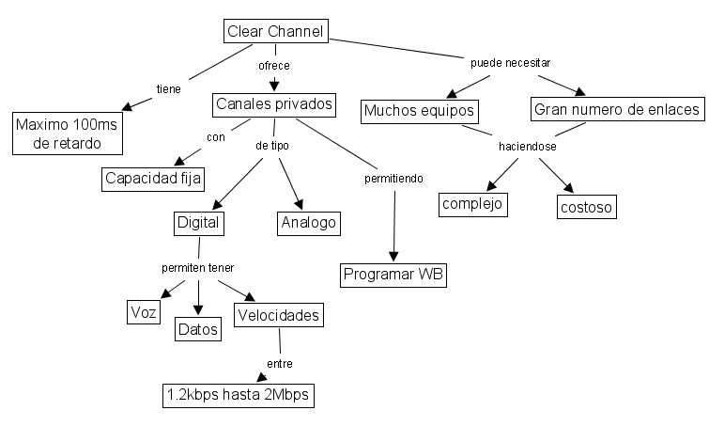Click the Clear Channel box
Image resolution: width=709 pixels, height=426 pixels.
pos(275,32)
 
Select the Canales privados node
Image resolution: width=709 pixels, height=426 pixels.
pos(274,103)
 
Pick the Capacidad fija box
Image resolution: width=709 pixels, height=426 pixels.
pos(154,177)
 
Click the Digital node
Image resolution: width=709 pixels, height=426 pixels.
pos(198,223)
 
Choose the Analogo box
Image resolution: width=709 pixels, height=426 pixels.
pos(308,223)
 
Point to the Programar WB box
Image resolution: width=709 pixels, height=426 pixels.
pos(393,275)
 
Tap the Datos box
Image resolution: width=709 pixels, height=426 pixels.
pos(197,329)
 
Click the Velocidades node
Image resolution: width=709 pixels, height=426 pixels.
pos(279,314)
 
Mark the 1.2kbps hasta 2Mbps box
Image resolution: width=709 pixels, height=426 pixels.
pos(236,395)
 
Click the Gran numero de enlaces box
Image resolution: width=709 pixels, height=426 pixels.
pos(617,109)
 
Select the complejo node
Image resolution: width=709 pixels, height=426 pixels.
pos(472,203)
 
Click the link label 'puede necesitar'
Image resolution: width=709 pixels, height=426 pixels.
pos(509,62)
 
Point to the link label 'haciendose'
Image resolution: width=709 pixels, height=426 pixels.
pos(529,148)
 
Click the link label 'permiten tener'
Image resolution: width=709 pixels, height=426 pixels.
pos(197,268)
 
